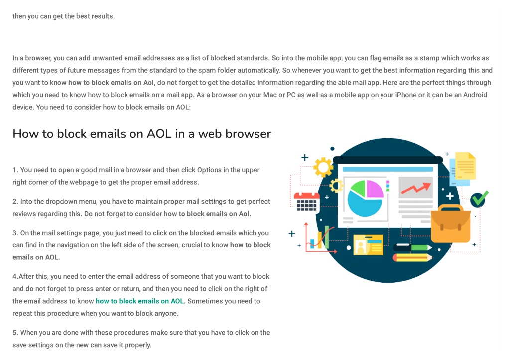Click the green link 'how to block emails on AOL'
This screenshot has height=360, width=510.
[x=140, y=301]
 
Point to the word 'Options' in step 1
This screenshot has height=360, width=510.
[x=209, y=170]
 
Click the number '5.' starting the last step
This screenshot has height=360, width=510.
[x=15, y=332]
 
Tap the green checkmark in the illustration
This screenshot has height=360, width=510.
[x=480, y=199]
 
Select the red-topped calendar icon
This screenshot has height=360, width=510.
[x=306, y=202]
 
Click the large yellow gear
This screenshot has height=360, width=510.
[x=323, y=167]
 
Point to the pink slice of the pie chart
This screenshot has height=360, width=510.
[x=375, y=189]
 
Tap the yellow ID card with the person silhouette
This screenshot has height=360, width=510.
[x=368, y=244]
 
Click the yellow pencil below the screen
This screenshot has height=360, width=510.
[x=412, y=258]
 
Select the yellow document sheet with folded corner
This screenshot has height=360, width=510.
[x=466, y=166]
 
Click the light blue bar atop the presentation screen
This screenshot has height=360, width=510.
[x=387, y=169]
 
